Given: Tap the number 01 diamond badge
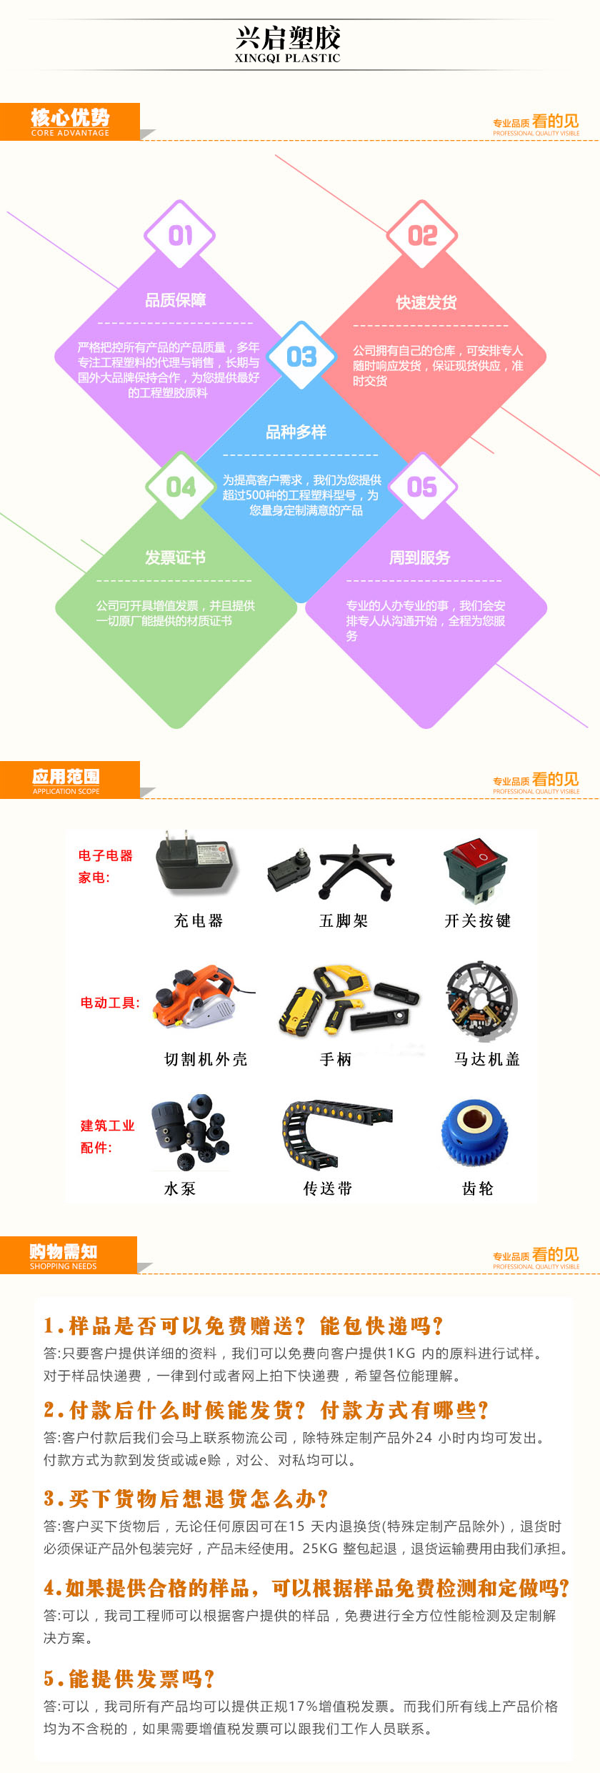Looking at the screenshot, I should click(180, 235).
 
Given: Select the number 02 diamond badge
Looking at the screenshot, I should click(422, 235).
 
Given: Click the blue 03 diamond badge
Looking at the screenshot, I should click(301, 356).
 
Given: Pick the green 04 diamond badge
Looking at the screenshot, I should click(181, 487).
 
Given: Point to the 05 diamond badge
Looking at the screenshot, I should click(422, 487).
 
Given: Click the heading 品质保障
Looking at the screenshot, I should click(176, 300).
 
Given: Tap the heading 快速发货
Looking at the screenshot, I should click(426, 302).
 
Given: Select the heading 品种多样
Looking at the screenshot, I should click(296, 432).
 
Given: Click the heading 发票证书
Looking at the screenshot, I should click(176, 557).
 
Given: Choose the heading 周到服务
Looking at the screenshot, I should click(419, 557).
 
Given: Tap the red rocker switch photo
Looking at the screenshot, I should click(476, 869).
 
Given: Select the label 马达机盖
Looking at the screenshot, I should click(487, 1059).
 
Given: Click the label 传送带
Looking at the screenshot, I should click(328, 1188).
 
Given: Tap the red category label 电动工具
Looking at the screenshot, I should click(109, 1003).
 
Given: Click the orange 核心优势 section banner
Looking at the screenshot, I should click(70, 121).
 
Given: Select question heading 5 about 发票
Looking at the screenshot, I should click(129, 1678).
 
